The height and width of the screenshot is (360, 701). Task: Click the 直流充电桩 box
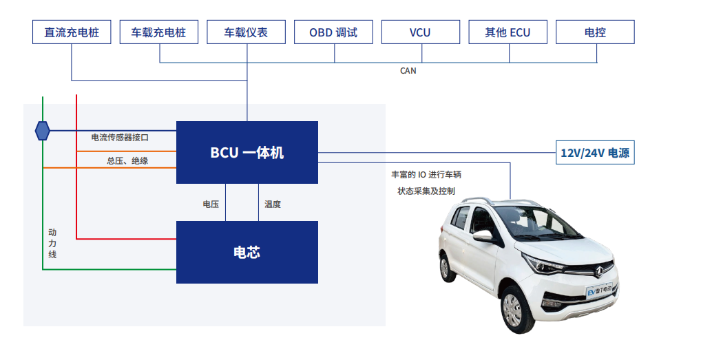point(72,32)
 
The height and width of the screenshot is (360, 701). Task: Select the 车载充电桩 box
point(159,32)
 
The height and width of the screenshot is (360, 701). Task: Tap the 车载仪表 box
point(246,32)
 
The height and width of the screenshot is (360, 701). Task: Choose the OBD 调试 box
point(333,32)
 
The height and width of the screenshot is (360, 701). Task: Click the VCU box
point(420,32)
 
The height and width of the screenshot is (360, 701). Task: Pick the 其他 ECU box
point(508,32)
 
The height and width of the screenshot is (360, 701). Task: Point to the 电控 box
point(595,32)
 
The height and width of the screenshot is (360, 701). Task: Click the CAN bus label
point(408,70)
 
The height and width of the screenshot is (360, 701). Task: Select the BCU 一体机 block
point(247,152)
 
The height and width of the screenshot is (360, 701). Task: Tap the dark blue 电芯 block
point(247,252)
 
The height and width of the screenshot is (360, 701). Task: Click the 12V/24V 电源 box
point(595,153)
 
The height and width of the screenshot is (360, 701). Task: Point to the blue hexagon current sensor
point(43,130)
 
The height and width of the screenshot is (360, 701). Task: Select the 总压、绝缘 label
point(127,161)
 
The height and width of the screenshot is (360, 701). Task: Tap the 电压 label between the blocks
point(211,204)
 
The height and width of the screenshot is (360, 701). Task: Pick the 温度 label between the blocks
point(273,204)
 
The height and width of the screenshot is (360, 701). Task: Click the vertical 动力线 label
point(52,244)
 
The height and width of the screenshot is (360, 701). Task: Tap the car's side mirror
point(483,236)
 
